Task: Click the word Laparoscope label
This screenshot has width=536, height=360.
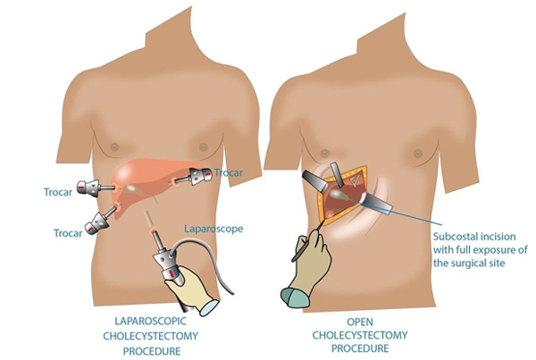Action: (x=214, y=229)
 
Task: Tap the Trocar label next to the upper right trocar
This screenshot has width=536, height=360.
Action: (x=229, y=172)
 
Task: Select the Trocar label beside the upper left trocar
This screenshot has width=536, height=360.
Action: (x=58, y=192)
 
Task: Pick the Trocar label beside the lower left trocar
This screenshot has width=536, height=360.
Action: (x=68, y=233)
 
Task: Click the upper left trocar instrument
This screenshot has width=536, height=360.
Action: (x=95, y=187)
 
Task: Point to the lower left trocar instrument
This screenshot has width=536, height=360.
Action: (x=101, y=221)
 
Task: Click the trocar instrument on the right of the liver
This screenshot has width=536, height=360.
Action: (x=194, y=176)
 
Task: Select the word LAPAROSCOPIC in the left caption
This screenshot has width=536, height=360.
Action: (x=150, y=322)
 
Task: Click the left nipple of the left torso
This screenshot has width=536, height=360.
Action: (x=114, y=147)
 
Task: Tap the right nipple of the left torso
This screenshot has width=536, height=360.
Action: (x=204, y=147)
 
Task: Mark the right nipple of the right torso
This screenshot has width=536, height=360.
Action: (x=417, y=154)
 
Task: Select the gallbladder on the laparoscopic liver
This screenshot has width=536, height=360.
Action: (x=132, y=188)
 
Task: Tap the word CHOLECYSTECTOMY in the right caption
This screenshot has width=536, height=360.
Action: (x=360, y=335)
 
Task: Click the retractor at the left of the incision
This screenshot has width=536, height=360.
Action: (x=316, y=180)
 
